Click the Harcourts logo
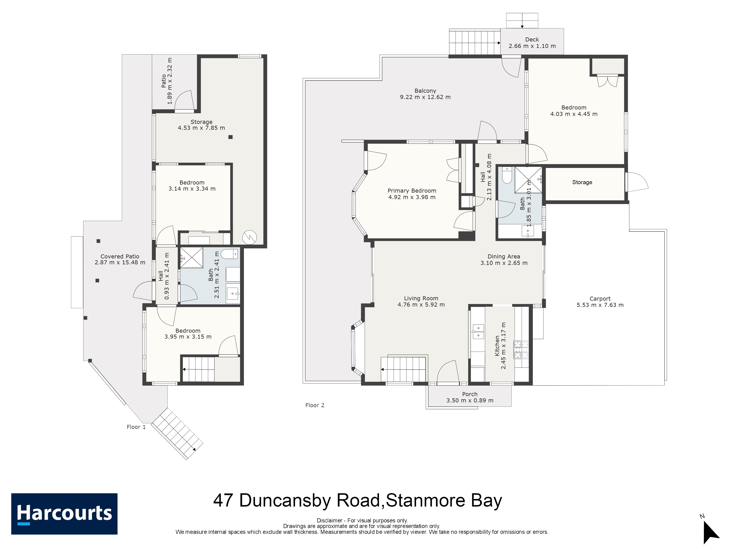64,514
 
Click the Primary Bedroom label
412,191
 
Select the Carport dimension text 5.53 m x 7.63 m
600,305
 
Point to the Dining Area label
504,256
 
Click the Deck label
532,39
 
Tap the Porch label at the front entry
470,394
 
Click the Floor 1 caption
136,427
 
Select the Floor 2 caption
315,405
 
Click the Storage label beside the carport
582,182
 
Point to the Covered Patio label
120,256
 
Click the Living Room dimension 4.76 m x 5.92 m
421,305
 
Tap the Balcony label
425,91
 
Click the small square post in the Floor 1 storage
230,137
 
